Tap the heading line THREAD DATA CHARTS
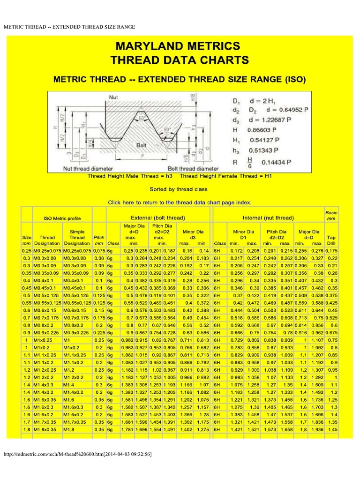pos(180,60)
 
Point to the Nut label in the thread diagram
pos(113,97)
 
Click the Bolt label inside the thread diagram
pos(142,145)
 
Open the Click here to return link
pos(180,202)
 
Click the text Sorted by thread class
pos(179,189)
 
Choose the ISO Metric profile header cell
pos(62,218)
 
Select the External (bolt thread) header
pos(157,218)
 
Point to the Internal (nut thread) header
pos(268,218)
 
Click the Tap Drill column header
pos(331,240)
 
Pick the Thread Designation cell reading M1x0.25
pos(45,340)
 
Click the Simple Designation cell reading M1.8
pos(70,429)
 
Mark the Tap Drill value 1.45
pos(333,429)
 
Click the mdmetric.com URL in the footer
pos(77,454)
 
